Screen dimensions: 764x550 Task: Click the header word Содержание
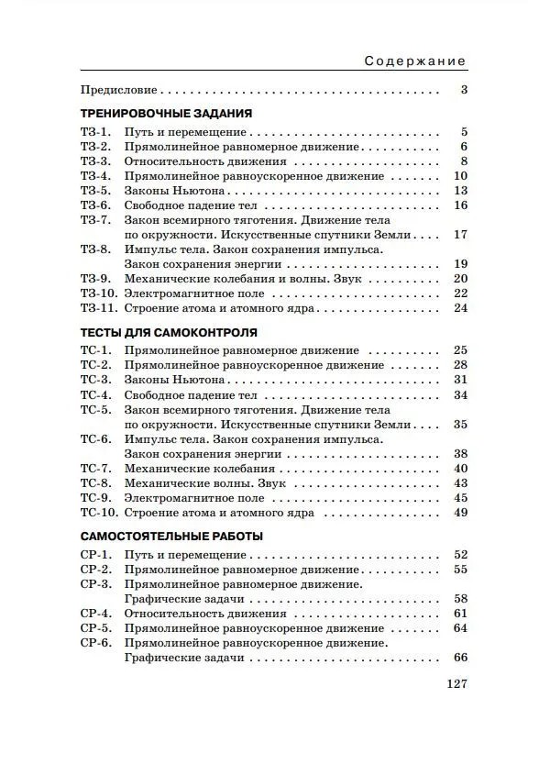[415, 61]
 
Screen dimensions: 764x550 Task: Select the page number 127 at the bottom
[456, 684]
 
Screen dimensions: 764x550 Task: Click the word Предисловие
[119, 90]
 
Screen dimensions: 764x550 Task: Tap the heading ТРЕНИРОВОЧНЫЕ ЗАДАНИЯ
[166, 113]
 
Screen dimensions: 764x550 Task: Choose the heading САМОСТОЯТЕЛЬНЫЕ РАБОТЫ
[171, 536]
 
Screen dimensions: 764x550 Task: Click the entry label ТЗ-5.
[95, 191]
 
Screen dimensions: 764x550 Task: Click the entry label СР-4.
[96, 614]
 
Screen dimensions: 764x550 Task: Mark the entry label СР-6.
[96, 643]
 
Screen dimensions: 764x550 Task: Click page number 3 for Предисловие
[464, 90]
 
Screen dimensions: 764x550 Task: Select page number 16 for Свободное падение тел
[461, 205]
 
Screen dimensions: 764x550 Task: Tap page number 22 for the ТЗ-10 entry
[461, 293]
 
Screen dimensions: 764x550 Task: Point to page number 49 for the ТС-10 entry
[461, 513]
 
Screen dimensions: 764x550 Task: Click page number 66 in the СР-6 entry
[461, 658]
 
